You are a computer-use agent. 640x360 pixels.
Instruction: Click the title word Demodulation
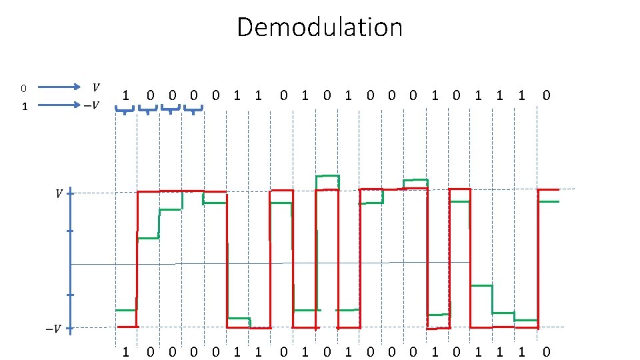point(319,27)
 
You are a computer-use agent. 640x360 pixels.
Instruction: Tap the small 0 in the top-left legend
point(23,88)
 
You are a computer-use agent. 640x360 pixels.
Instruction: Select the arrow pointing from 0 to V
point(58,87)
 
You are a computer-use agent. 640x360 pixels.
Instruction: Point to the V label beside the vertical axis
point(59,194)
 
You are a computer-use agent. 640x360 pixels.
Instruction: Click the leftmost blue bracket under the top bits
point(125,110)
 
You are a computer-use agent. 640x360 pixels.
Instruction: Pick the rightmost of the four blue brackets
point(193,110)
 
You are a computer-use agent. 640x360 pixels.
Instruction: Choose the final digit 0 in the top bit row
point(546,95)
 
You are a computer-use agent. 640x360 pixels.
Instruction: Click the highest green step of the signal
point(327,176)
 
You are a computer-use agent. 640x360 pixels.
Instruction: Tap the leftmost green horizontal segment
point(125,311)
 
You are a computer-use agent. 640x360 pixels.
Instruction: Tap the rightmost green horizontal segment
point(548,201)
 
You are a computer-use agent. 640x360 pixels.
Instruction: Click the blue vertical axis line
point(71,260)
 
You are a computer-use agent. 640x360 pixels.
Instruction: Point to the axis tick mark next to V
point(71,194)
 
